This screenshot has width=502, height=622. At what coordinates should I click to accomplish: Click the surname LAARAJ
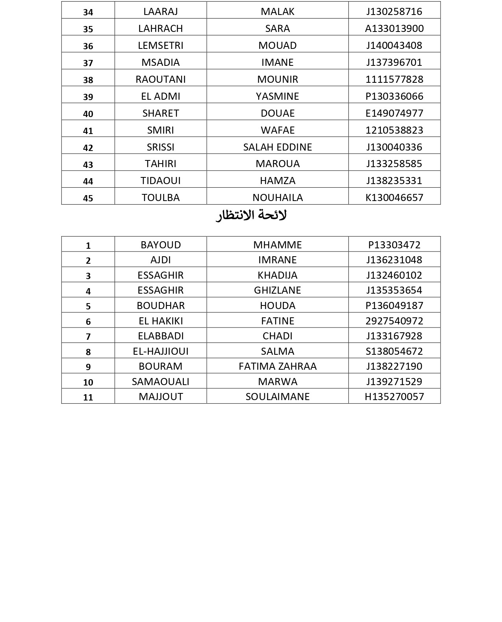(161, 11)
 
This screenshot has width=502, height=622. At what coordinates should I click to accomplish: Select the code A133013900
(394, 28)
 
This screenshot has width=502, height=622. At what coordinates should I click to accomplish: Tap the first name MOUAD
(277, 45)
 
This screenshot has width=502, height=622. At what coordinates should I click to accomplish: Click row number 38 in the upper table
(88, 80)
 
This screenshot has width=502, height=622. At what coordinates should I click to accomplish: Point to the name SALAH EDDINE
(277, 147)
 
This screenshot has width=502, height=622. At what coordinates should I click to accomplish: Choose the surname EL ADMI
(161, 96)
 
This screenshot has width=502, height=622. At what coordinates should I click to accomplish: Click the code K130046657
(394, 197)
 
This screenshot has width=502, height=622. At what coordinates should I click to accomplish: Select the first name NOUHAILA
(277, 197)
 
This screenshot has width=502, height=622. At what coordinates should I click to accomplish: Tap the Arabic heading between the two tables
(251, 216)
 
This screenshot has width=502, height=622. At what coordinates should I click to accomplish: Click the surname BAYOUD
(161, 245)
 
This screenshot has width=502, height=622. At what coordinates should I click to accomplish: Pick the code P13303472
(394, 245)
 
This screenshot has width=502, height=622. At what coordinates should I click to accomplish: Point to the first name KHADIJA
(277, 275)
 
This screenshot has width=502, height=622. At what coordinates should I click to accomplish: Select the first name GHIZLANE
(277, 290)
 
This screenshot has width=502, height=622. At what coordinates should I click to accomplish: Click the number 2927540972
(394, 321)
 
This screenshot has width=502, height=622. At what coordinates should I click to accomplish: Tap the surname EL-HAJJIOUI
(161, 351)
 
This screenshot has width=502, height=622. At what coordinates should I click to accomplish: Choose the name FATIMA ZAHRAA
(277, 366)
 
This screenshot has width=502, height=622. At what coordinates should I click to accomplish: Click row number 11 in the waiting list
(88, 397)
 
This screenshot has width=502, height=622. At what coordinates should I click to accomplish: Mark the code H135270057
(394, 397)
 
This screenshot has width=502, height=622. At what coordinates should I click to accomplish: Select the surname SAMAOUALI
(161, 382)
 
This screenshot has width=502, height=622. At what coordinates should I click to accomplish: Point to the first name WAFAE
(277, 130)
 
